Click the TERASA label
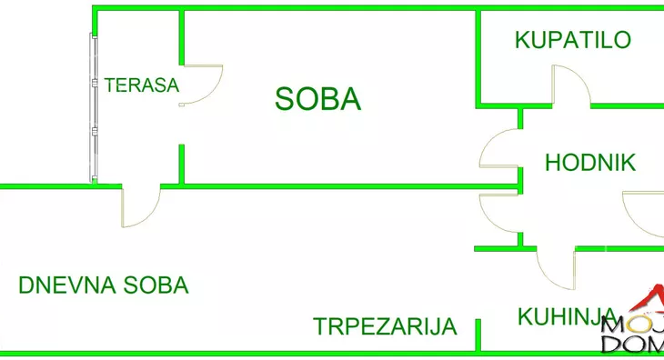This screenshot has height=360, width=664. (x=142, y=85)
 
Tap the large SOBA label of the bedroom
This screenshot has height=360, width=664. (x=317, y=98)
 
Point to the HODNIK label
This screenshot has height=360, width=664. (x=589, y=164)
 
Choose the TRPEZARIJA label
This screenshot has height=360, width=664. (x=385, y=326)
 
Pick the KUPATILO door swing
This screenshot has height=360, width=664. (x=570, y=85)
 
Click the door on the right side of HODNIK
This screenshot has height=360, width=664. (x=642, y=215)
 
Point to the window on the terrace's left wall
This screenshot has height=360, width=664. (x=93, y=109)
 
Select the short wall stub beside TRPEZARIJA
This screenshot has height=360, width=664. (x=478, y=335)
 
